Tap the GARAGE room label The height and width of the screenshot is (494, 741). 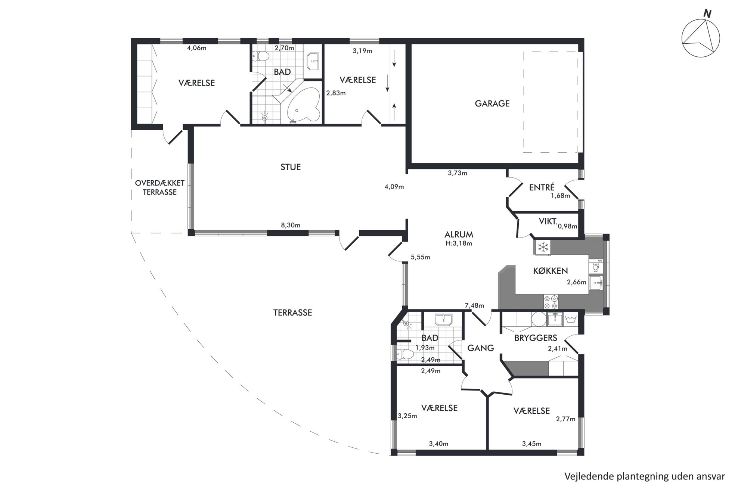point(492,103)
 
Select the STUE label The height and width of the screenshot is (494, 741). point(291,167)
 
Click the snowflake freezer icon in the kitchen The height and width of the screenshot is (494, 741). point(543,247)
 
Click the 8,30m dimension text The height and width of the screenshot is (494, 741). point(291,225)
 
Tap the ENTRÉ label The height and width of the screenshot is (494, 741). point(542,187)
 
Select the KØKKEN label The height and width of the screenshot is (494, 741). point(550,271)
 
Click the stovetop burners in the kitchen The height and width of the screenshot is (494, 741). point(551,302)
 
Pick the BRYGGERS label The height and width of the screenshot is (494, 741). point(536,338)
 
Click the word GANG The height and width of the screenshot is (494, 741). point(481,348)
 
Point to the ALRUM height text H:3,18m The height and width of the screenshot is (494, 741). point(459,243)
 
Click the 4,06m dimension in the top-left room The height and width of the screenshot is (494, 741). point(196,48)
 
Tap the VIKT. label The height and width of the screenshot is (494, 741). point(548,221)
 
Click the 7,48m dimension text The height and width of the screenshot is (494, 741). point(474,305)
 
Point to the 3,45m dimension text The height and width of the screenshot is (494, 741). point(531,444)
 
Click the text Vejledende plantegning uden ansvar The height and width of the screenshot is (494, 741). point(645,476)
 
